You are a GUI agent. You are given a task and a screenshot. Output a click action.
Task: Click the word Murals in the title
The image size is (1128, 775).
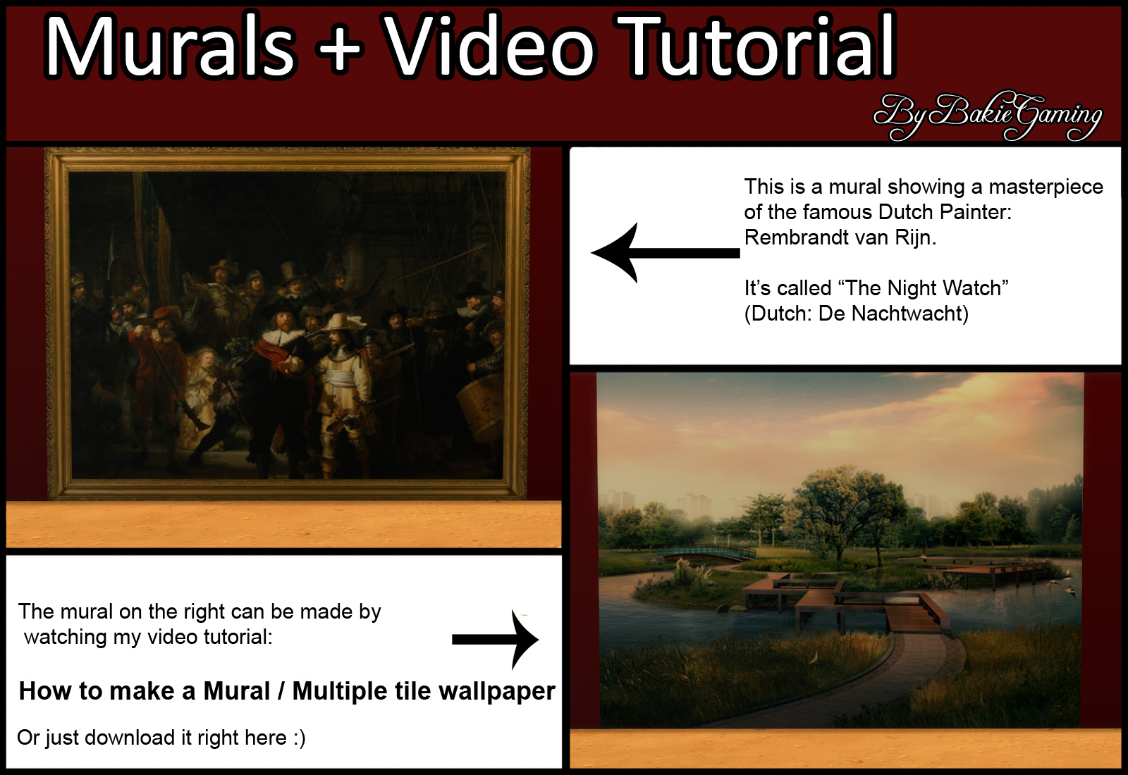(170, 46)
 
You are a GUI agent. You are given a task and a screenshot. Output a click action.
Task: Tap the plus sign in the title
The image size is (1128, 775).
(338, 49)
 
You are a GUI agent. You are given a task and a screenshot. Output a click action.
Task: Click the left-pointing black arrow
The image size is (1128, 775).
(665, 253)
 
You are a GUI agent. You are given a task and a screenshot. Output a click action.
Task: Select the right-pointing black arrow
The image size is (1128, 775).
(496, 640)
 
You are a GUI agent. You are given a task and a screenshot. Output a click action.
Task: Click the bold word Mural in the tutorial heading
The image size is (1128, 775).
(237, 691)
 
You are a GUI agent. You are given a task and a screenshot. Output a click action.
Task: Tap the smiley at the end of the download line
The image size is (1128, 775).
(299, 738)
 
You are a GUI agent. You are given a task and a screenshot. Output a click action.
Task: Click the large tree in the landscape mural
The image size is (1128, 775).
(842, 508)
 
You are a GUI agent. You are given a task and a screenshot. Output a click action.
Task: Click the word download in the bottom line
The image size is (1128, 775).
(133, 738)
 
